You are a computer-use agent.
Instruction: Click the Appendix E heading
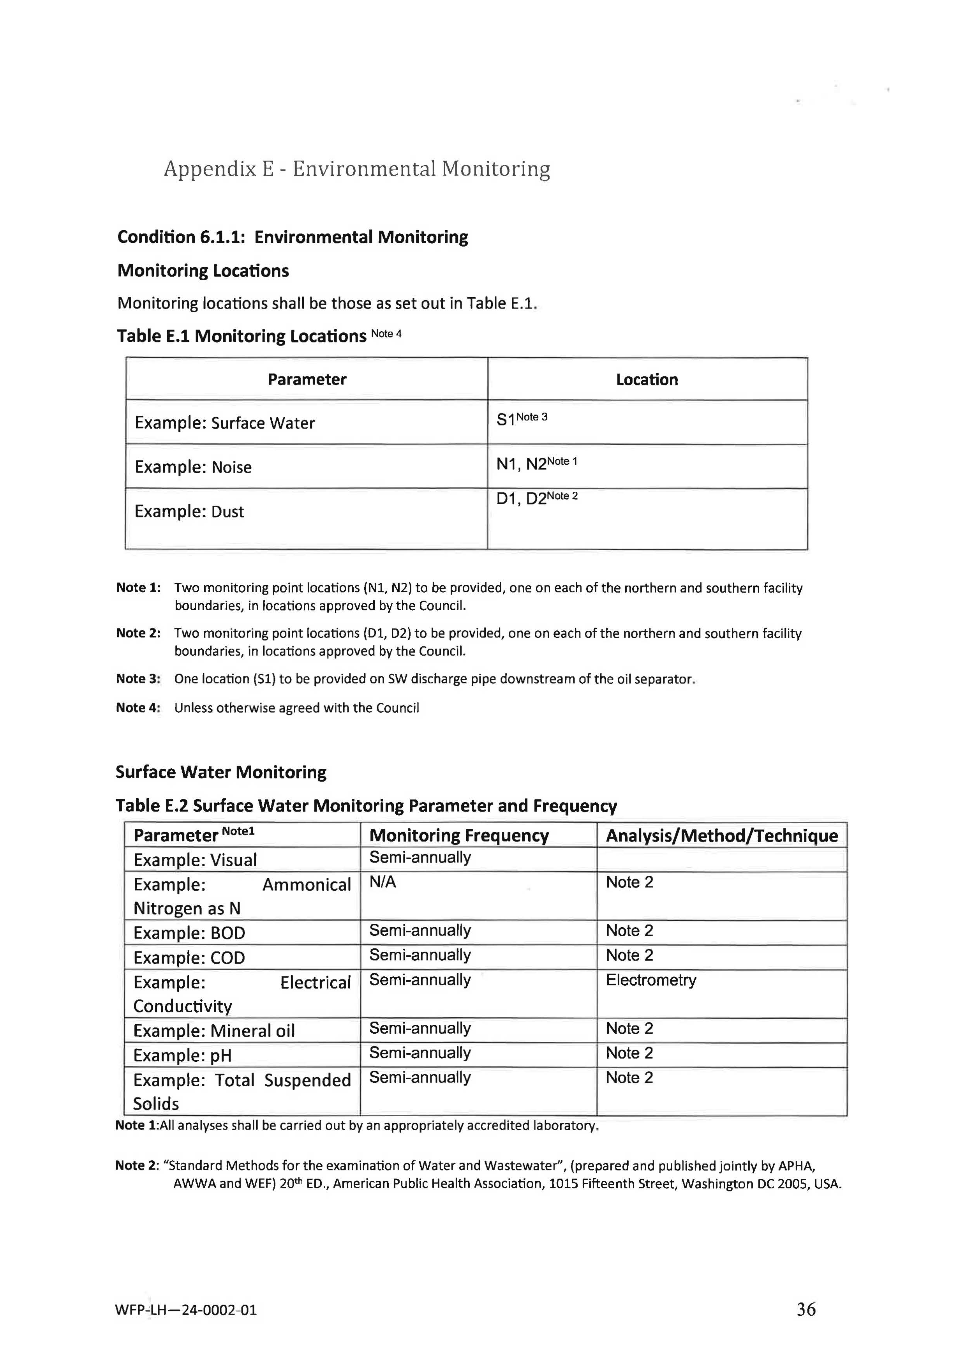(x=357, y=169)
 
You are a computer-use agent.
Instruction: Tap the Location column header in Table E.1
(x=647, y=379)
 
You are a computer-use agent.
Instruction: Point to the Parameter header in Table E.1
(x=307, y=379)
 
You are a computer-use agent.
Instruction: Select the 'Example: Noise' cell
(x=193, y=467)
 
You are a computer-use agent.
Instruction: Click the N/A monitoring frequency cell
(x=383, y=882)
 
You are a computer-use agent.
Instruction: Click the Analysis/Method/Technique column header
(x=721, y=836)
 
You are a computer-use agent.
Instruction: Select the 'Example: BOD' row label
(x=189, y=933)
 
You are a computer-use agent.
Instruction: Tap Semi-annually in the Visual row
(x=420, y=858)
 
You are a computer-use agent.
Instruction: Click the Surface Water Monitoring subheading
(x=221, y=772)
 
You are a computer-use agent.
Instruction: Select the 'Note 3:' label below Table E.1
(x=138, y=679)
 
